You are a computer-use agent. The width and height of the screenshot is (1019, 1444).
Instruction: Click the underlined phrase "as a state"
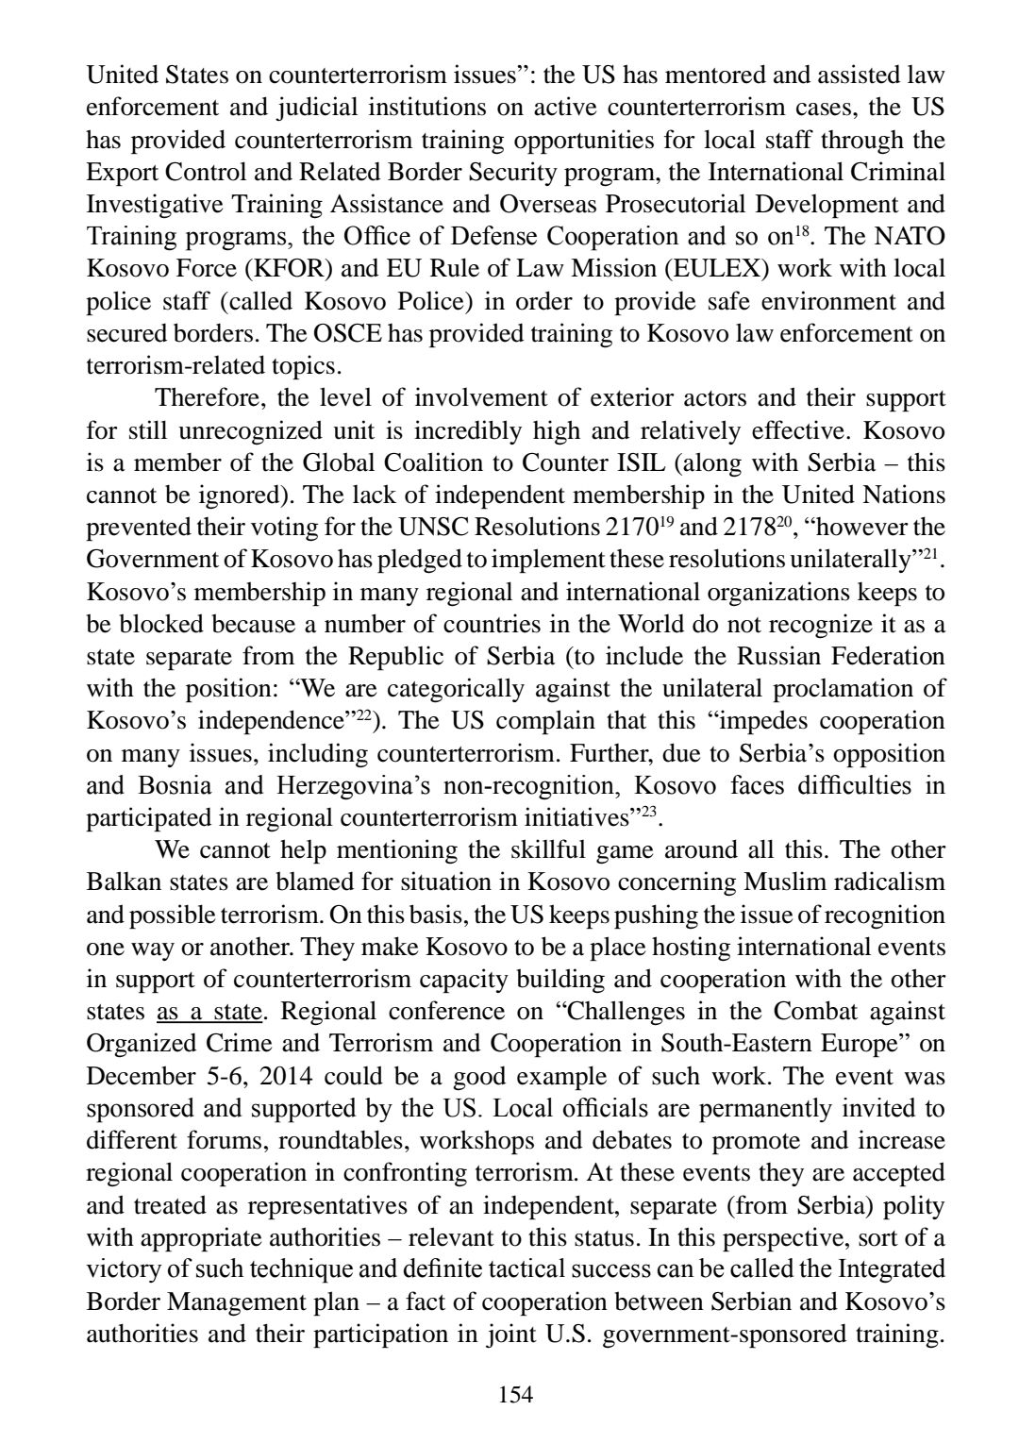pyautogui.click(x=209, y=1011)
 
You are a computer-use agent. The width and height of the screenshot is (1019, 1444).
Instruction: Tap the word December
pyautogui.click(x=128, y=1076)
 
